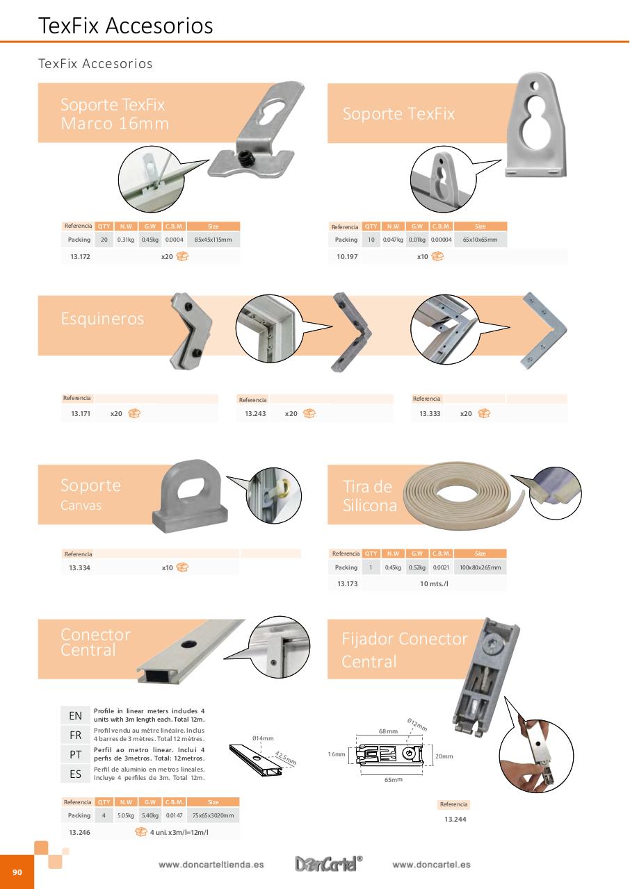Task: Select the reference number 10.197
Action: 346,256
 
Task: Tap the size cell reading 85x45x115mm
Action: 213,240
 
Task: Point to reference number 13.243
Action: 255,414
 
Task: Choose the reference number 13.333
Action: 430,414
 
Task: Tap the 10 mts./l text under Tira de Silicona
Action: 434,584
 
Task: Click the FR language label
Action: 75,735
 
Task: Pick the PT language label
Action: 75,754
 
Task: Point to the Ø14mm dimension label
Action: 263,738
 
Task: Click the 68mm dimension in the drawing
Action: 388,731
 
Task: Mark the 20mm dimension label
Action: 444,756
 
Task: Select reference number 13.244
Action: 455,820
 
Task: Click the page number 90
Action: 17,872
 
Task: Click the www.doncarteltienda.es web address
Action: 211,865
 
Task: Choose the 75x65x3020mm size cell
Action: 213,815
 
